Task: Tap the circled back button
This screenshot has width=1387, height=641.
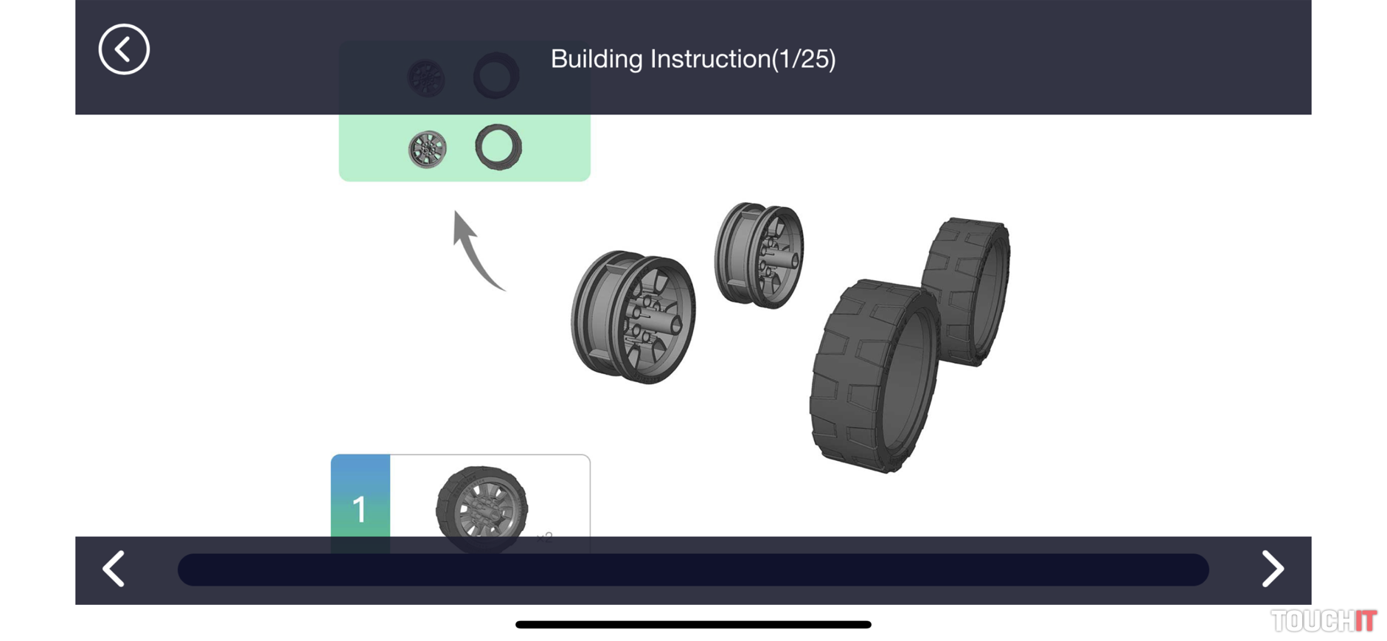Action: coord(124,49)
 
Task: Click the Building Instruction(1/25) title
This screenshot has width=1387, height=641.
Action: coord(693,59)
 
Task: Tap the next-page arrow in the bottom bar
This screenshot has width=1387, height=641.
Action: coord(1272,569)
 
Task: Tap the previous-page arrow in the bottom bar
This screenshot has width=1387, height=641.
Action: coord(114,569)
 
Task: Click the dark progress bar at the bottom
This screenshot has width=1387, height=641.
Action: coord(693,569)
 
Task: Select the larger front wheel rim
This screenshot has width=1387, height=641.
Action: coord(633,317)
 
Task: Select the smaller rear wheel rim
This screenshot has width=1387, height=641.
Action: coord(759,255)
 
